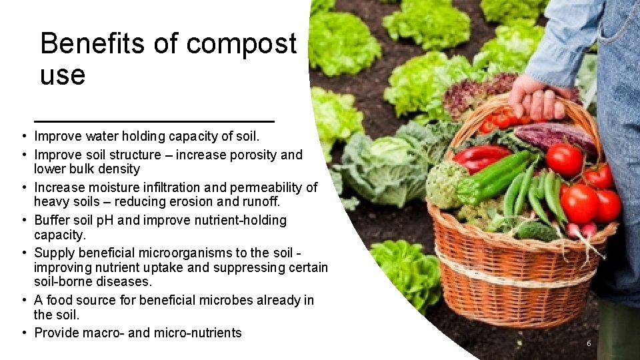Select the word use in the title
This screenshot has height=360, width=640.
click(x=63, y=76)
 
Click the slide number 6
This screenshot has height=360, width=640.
click(x=589, y=343)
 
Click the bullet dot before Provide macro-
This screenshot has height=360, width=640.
click(x=23, y=333)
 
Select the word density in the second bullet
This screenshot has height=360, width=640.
click(x=118, y=169)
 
